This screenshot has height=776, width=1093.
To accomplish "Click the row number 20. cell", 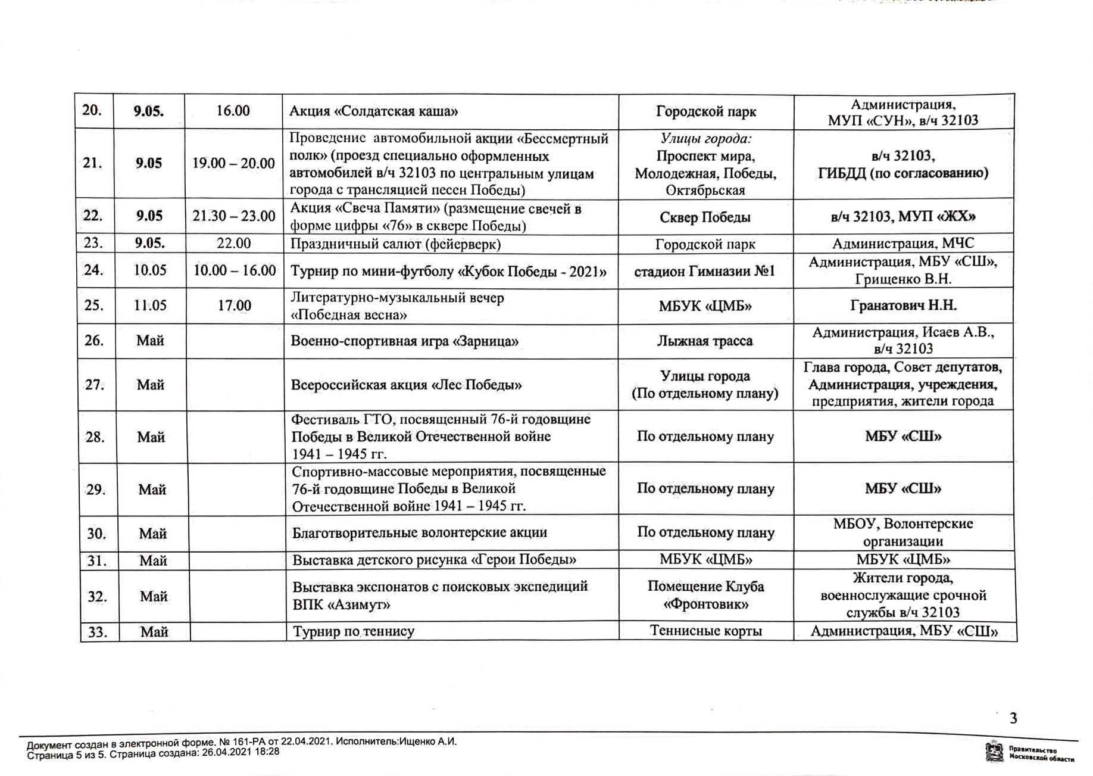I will [92, 111].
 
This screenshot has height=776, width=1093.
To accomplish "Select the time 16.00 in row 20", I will [233, 111].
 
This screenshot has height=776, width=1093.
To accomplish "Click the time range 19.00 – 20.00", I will [233, 163].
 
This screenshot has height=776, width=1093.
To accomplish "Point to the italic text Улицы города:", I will [705, 139].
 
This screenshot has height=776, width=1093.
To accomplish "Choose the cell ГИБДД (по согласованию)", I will [902, 173].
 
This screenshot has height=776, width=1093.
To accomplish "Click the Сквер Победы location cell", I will [705, 217].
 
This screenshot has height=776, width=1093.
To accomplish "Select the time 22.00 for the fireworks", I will [234, 244].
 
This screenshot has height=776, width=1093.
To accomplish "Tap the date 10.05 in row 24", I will [149, 270].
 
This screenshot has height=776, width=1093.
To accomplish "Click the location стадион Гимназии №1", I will [705, 272].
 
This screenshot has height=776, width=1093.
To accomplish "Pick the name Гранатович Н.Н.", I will [902, 306].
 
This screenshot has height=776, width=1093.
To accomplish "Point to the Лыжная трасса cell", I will [705, 341].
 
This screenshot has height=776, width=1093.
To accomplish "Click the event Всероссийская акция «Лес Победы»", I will [406, 385].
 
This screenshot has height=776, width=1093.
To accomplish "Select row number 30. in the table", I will [96, 534].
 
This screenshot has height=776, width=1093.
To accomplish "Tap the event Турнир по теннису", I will [353, 631].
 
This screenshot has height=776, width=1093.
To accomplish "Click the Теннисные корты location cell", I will [705, 631].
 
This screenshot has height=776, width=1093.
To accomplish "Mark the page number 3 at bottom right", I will [1013, 718].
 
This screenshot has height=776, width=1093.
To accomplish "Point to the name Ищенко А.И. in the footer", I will [428, 742].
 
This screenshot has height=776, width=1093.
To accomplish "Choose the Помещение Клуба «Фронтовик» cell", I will [705, 596].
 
